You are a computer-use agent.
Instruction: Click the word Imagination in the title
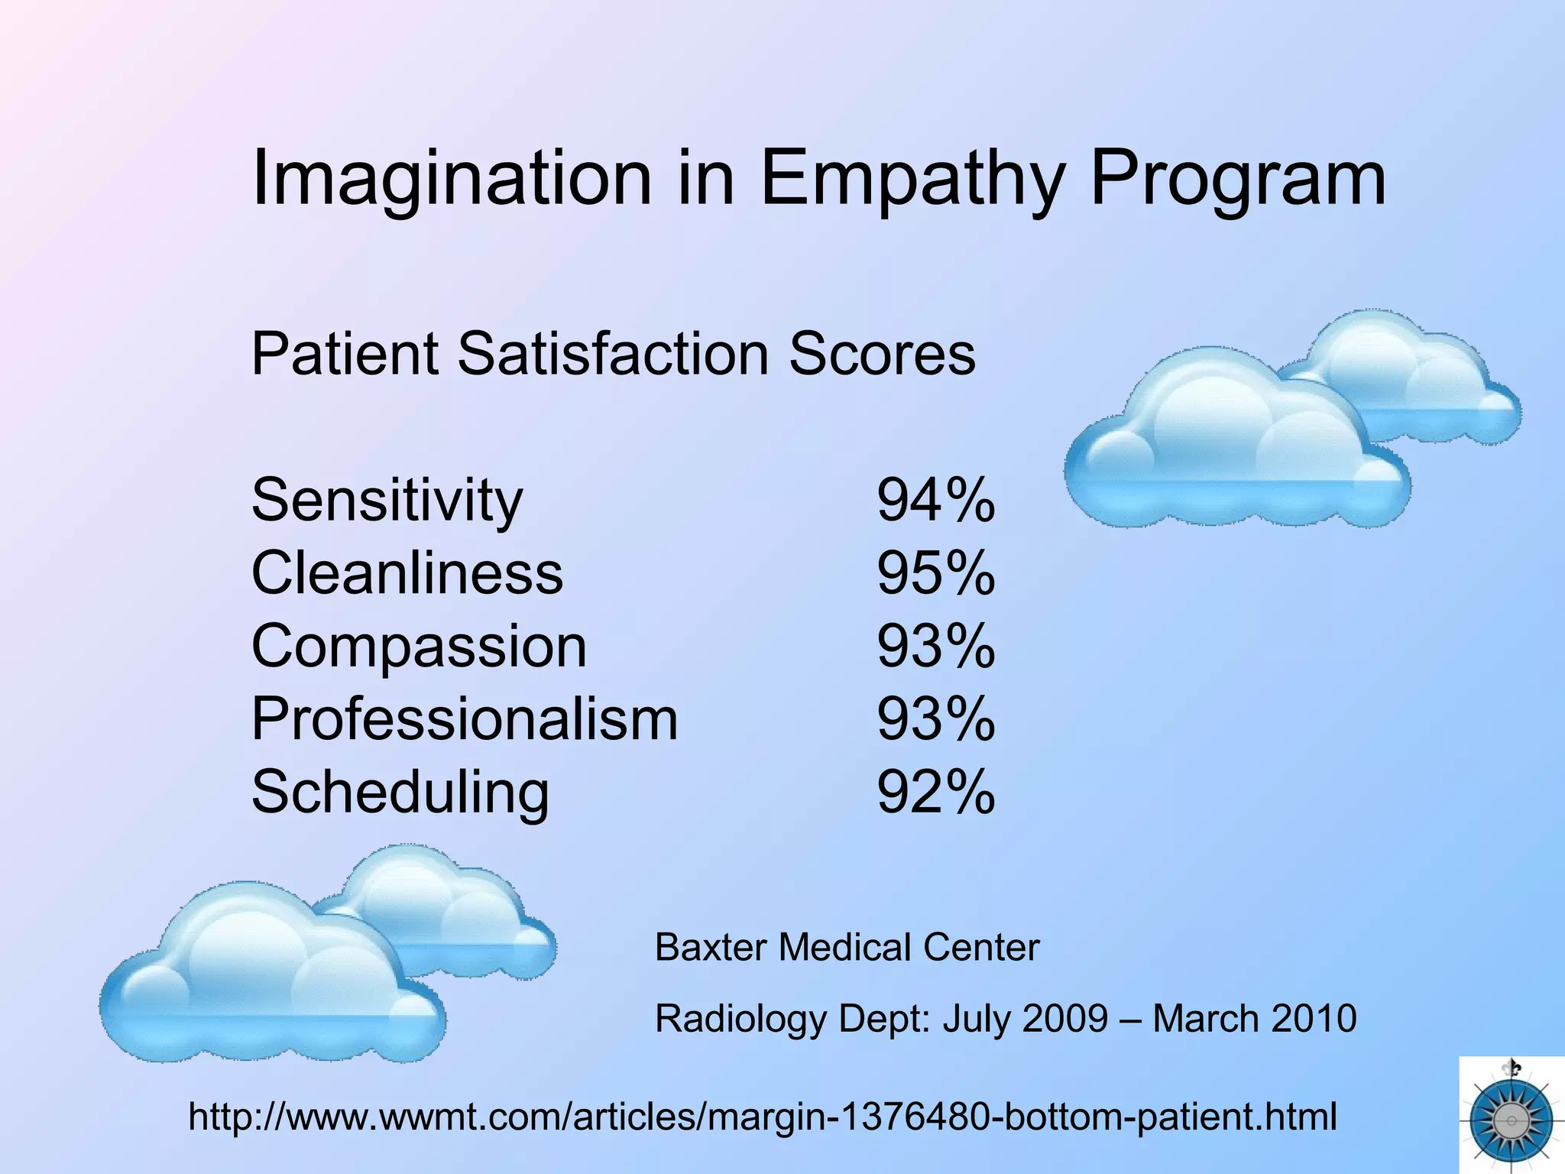451,180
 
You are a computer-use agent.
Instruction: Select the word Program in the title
1237,180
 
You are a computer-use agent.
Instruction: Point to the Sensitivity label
387,501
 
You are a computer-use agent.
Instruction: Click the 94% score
935,501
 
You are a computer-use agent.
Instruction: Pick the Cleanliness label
407,573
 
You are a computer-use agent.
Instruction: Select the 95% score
935,573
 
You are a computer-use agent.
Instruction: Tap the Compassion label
419,647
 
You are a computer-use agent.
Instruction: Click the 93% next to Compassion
935,647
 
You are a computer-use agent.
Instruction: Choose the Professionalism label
465,719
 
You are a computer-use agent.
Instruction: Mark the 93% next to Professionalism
935,719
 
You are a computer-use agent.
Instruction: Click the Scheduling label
400,793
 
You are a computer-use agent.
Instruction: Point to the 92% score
935,793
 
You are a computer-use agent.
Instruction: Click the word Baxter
711,948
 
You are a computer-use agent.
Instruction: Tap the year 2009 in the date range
1064,1019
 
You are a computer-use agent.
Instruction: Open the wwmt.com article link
762,1117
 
